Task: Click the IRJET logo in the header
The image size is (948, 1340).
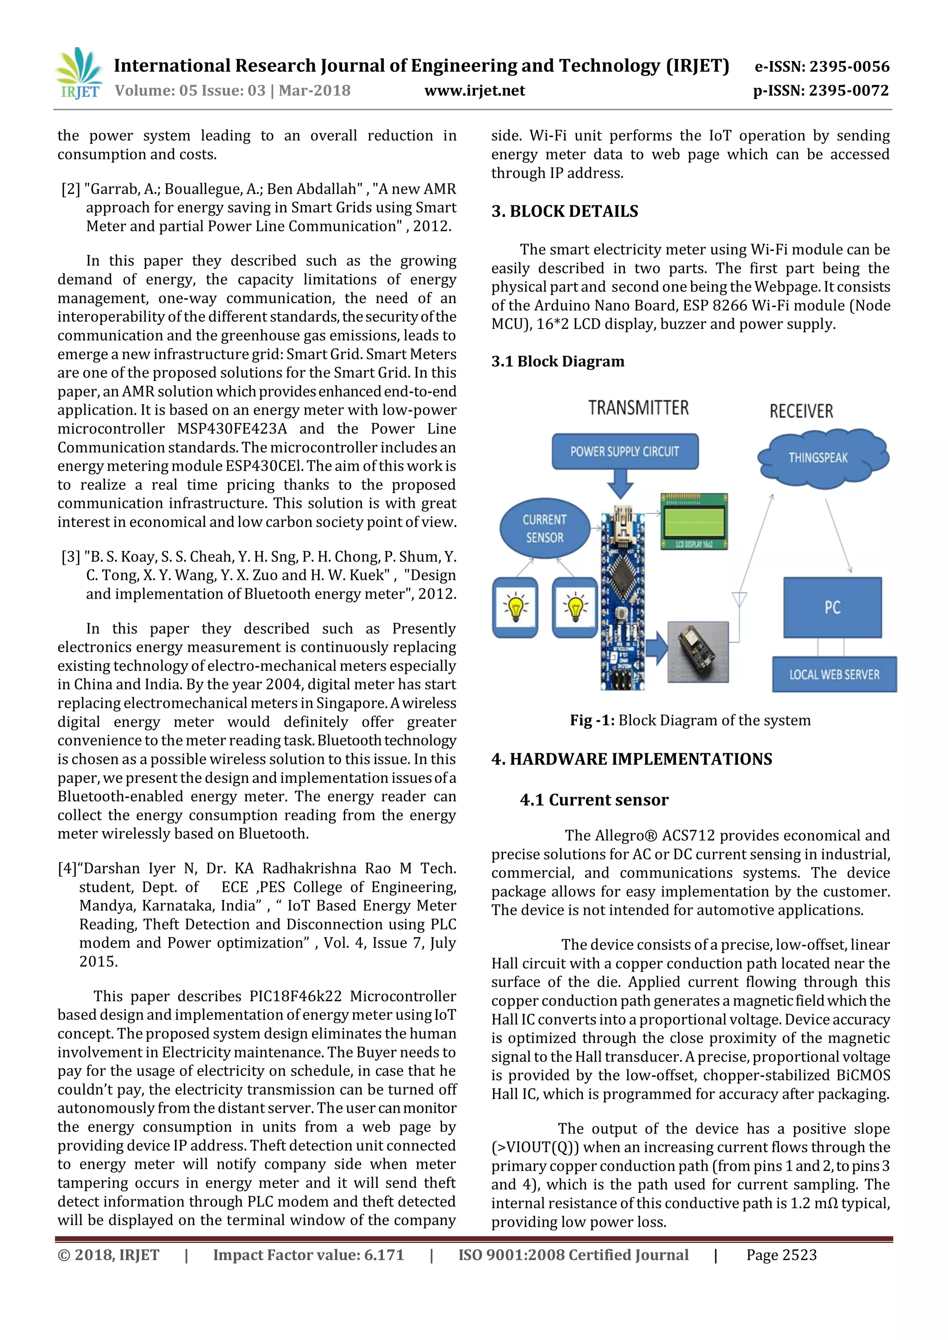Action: (79, 74)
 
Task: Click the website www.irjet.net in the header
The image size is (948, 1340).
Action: (474, 91)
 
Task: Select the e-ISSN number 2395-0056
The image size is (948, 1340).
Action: (822, 67)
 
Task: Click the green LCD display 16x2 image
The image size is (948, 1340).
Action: (694, 521)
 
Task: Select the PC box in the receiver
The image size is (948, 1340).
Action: (832, 608)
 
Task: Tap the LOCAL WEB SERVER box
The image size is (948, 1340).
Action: (834, 675)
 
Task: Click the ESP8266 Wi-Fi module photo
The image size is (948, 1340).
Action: (698, 651)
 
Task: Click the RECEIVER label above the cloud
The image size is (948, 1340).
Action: (801, 411)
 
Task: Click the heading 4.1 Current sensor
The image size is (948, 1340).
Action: (594, 800)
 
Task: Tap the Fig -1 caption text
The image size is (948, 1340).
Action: (690, 720)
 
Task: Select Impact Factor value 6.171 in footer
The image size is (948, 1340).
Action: (308, 1255)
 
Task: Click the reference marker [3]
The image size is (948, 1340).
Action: (71, 557)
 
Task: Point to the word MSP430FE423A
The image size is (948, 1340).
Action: (232, 429)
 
